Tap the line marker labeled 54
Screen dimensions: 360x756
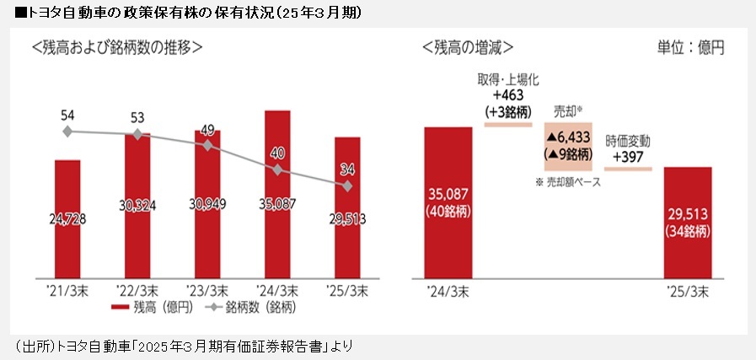[x=67, y=131]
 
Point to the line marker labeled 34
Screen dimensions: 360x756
[x=347, y=185]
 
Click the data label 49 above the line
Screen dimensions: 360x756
[x=207, y=129]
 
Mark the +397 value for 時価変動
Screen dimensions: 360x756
[x=629, y=157]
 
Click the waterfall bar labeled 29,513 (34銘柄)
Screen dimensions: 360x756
[x=688, y=223]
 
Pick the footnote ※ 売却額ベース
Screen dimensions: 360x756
[x=567, y=182]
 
